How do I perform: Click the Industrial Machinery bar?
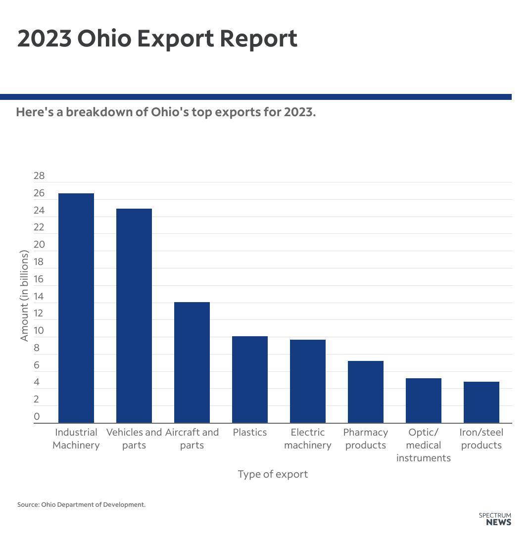pyautogui.click(x=76, y=308)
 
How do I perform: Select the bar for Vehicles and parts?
pyautogui.click(x=134, y=315)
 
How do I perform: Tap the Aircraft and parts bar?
pyautogui.click(x=192, y=362)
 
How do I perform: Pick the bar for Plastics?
pyautogui.click(x=250, y=379)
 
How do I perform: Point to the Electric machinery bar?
pyautogui.click(x=308, y=381)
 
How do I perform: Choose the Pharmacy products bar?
pyautogui.click(x=366, y=392)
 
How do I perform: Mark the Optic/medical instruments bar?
pyautogui.click(x=424, y=400)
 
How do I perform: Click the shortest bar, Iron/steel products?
pyautogui.click(x=482, y=402)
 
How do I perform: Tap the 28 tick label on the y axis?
pyautogui.click(x=39, y=176)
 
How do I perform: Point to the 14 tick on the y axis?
pyautogui.click(x=39, y=297)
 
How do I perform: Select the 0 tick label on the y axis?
pyautogui.click(x=37, y=417)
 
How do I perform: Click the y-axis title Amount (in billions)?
pyautogui.click(x=24, y=295)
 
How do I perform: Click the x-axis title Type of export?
pyautogui.click(x=273, y=474)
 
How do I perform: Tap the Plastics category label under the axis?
pyautogui.click(x=250, y=432)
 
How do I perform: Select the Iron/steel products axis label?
pyautogui.click(x=482, y=439)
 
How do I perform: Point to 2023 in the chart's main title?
pyautogui.click(x=45, y=39)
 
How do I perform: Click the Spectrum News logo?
pyautogui.click(x=495, y=519)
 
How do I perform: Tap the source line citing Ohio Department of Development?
pyautogui.click(x=82, y=505)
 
